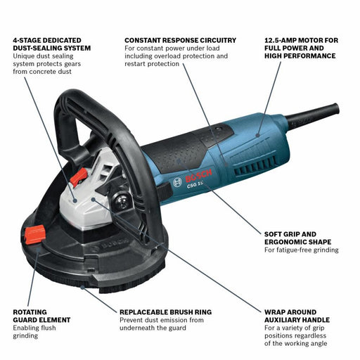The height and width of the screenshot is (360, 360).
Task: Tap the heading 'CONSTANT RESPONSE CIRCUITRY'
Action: point(180,40)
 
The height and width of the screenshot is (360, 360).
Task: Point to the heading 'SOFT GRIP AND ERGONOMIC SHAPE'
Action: point(299,238)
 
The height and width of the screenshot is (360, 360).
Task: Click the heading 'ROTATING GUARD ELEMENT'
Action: point(41,315)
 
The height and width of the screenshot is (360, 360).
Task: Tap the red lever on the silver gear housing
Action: point(77,177)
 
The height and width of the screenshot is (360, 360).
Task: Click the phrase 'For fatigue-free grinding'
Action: point(301,250)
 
